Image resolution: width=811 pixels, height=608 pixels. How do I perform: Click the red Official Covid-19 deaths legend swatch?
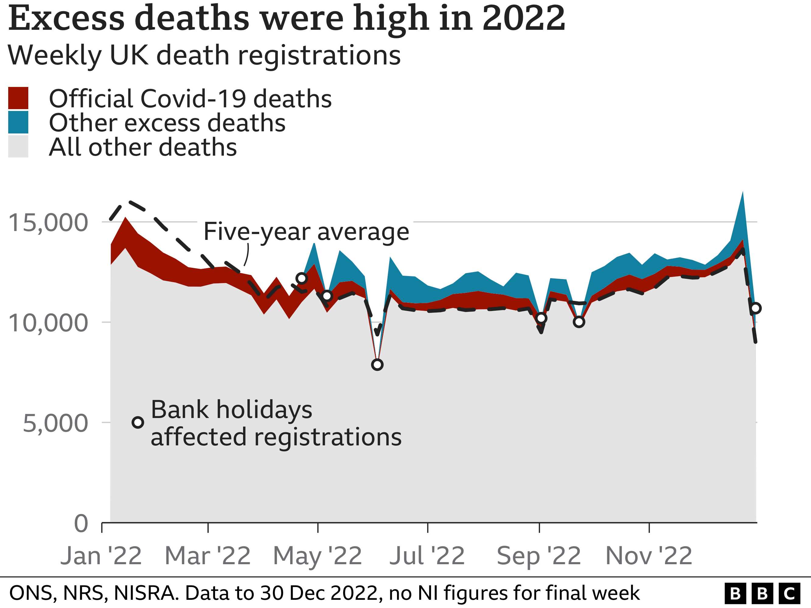click(x=18, y=98)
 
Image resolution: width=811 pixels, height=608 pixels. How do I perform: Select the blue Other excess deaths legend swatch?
click(x=18, y=122)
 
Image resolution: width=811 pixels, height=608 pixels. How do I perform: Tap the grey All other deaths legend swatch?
click(x=18, y=146)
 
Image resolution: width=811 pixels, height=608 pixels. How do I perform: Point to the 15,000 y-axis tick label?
click(x=48, y=223)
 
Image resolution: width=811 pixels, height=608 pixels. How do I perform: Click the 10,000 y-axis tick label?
click(x=48, y=323)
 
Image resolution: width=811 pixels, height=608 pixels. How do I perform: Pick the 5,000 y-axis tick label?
click(x=55, y=423)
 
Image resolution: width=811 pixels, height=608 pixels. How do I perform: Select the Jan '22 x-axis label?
click(x=101, y=556)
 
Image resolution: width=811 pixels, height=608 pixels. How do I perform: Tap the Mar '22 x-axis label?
click(x=207, y=556)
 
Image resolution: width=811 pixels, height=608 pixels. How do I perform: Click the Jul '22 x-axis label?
click(x=427, y=556)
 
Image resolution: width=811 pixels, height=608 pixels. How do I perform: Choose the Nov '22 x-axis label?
click(x=649, y=556)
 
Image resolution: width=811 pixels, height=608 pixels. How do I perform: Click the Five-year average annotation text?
click(x=306, y=232)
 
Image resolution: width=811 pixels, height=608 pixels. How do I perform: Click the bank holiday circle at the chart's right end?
click(x=755, y=308)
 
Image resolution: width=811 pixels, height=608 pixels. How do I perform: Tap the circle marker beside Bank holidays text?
click(x=137, y=423)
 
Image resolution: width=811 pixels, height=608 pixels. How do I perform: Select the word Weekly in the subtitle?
click(x=54, y=55)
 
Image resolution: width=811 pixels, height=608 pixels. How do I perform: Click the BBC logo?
click(x=762, y=593)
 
